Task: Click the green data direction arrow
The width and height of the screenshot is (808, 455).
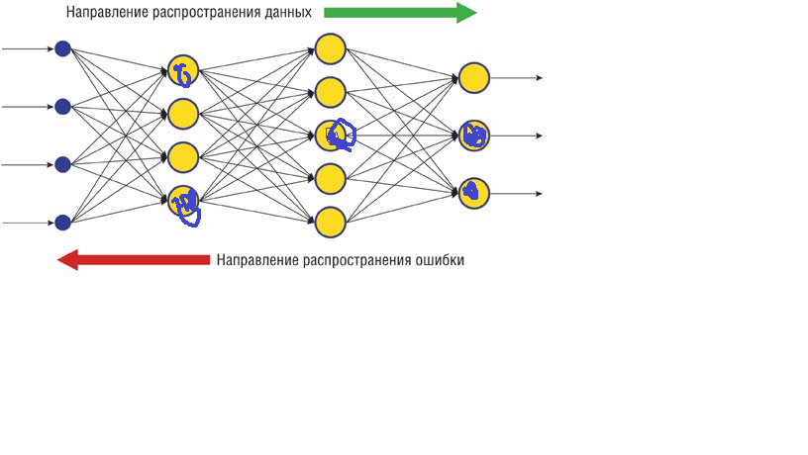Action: [x=400, y=13]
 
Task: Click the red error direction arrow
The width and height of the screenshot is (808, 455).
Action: [x=134, y=260]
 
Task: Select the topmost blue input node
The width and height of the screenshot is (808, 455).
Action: [x=62, y=48]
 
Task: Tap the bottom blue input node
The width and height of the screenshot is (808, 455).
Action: [x=62, y=223]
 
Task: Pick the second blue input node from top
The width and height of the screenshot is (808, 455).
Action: [x=62, y=106]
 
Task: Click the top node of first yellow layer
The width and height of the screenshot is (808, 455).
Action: [x=183, y=71]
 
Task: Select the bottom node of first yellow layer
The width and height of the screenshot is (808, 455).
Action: [x=183, y=201]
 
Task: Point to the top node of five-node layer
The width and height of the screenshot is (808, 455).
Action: [x=330, y=48]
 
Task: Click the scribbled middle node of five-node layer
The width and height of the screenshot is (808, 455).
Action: [x=331, y=135]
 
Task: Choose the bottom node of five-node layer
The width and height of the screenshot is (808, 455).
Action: [x=330, y=222]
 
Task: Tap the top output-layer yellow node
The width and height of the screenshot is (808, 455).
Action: [x=474, y=77]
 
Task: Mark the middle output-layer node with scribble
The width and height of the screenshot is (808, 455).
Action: [x=474, y=136]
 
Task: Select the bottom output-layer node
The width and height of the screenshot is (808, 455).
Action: [x=474, y=192]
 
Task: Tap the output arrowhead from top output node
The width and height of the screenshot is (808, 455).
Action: [x=538, y=77]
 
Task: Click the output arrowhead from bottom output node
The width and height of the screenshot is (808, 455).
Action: [x=538, y=194]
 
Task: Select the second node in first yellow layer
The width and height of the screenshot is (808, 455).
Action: [x=183, y=114]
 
